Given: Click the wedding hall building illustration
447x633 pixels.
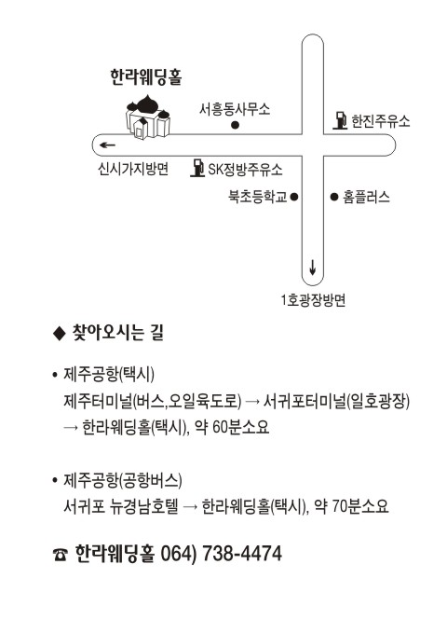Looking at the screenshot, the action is pos(148,117).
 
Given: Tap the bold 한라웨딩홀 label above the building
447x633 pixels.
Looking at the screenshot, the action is pos(146,76).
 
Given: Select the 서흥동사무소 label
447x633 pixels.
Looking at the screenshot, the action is pos(235,109).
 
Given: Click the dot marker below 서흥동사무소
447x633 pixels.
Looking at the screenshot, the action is pos(236,125).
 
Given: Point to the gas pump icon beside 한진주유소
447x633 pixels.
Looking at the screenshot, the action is pos(341,120).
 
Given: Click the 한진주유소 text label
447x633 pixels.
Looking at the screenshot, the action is pos(381,120).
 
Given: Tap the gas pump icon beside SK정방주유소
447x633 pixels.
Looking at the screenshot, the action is pos(197,168).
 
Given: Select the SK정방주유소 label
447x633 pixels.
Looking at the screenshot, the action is pos(245,169).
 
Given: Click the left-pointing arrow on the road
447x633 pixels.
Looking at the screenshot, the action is pos(108,144).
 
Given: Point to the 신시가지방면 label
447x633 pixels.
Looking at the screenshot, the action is pos(133,169).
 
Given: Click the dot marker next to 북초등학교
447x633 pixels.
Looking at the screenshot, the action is pos(294,197).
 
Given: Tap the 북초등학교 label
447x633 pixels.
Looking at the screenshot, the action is pos(258,197).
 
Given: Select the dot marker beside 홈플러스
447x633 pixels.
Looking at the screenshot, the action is pos(334,197).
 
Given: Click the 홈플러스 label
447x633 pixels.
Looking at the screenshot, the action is pos(366,197).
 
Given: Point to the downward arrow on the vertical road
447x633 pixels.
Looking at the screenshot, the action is pos(313,268).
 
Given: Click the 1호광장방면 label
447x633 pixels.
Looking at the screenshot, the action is pos(313,300).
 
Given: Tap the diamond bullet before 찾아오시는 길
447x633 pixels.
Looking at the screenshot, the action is pos(60,334).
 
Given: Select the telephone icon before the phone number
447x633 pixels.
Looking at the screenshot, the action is pos(61,555).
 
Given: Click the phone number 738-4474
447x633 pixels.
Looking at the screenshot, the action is pos(241,554).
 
